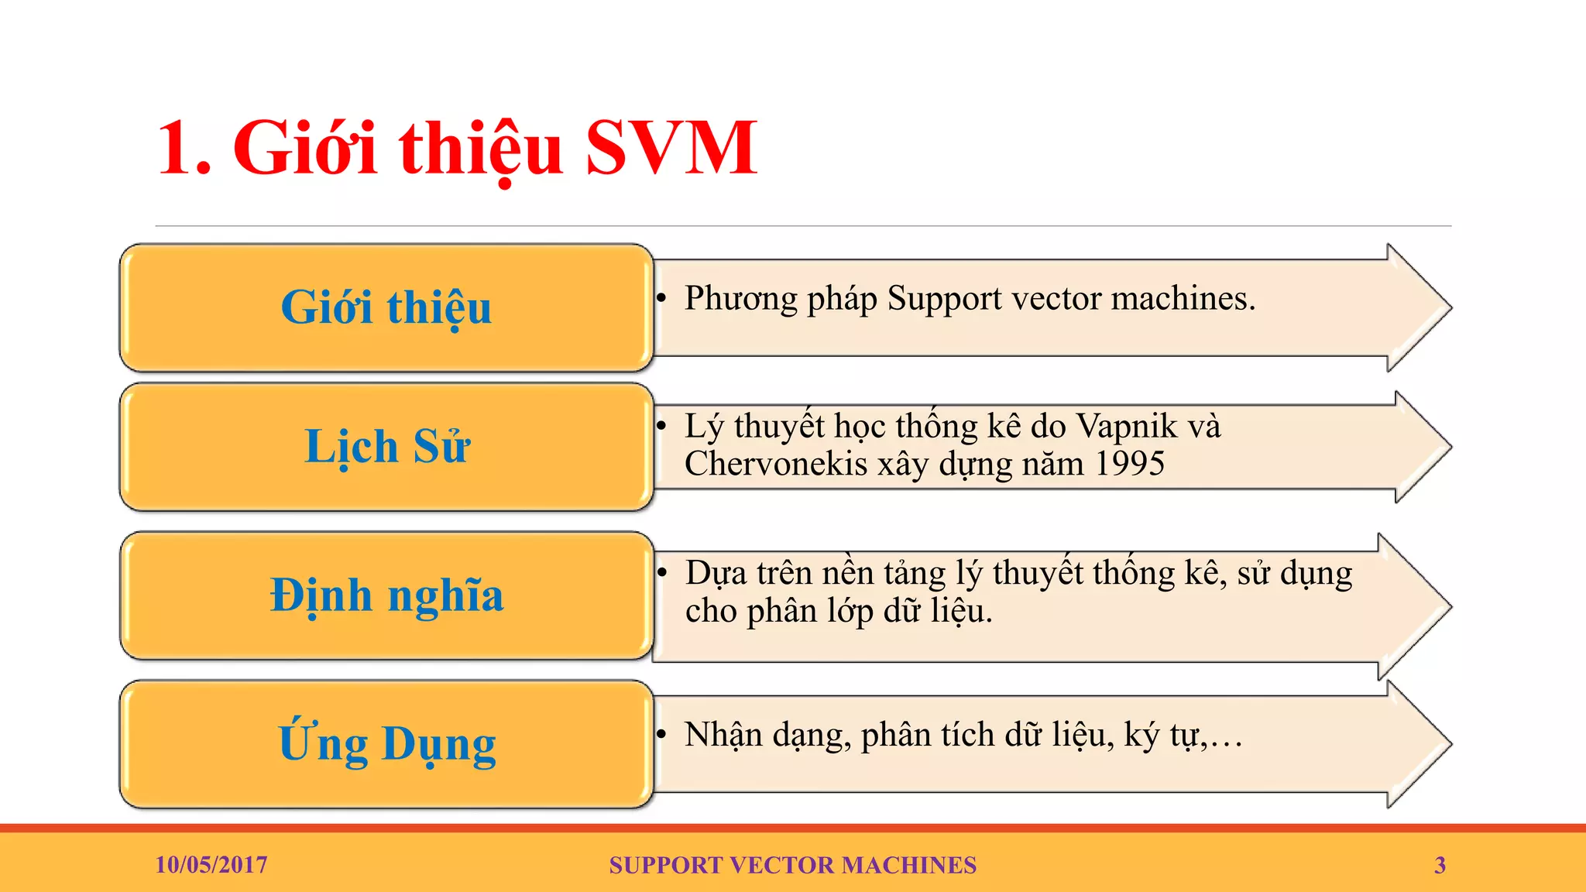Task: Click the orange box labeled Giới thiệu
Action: click(386, 307)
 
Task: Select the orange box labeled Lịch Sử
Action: click(386, 447)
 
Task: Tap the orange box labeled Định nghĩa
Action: click(386, 595)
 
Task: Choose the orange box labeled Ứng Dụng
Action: click(386, 744)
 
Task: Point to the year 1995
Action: click(1130, 464)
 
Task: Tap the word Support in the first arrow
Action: click(944, 299)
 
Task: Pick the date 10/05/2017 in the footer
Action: click(211, 865)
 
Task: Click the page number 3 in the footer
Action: click(1440, 865)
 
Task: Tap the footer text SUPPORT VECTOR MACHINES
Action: click(792, 865)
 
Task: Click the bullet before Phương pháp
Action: click(661, 299)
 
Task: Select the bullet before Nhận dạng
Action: click(661, 735)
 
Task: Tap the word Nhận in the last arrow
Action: click(723, 735)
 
